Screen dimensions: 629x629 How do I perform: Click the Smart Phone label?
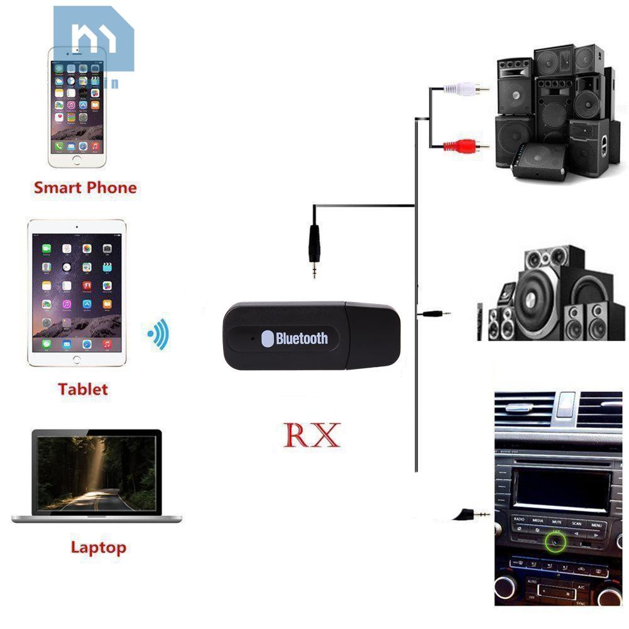click(x=85, y=187)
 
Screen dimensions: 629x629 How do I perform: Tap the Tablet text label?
click(x=83, y=389)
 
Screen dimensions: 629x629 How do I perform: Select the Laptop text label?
click(x=98, y=547)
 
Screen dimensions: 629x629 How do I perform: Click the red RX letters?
click(x=312, y=435)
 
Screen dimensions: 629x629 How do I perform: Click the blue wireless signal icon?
click(x=158, y=334)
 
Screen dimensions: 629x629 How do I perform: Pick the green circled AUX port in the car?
click(x=555, y=539)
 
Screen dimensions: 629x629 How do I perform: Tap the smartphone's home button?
click(x=77, y=160)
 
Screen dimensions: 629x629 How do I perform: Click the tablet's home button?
click(x=77, y=360)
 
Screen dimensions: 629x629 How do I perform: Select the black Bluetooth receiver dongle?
click(x=312, y=336)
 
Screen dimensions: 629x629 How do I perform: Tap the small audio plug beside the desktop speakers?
click(x=436, y=312)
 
